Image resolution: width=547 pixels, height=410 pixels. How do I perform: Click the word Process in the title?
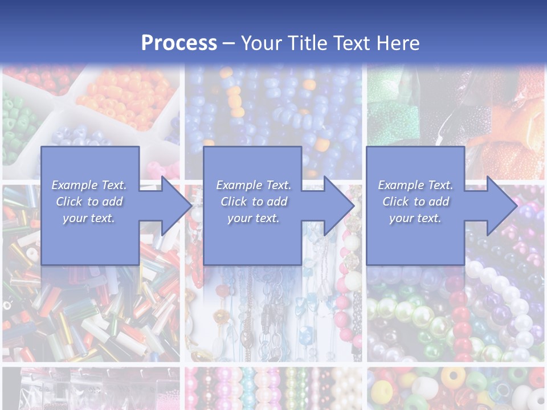click(179, 43)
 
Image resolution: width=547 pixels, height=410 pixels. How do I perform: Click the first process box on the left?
click(90, 171)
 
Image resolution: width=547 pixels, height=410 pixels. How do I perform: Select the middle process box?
click(252, 171)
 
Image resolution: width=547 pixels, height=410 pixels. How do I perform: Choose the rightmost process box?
click(415, 171)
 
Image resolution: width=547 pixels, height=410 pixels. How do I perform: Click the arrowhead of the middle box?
click(338, 206)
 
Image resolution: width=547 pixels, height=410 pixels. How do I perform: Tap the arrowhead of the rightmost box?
click(501, 206)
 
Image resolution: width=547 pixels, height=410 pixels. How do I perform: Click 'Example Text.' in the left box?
click(89, 185)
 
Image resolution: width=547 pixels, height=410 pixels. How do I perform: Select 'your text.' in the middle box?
click(253, 218)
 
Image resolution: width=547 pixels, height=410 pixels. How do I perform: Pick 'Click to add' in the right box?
click(416, 202)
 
